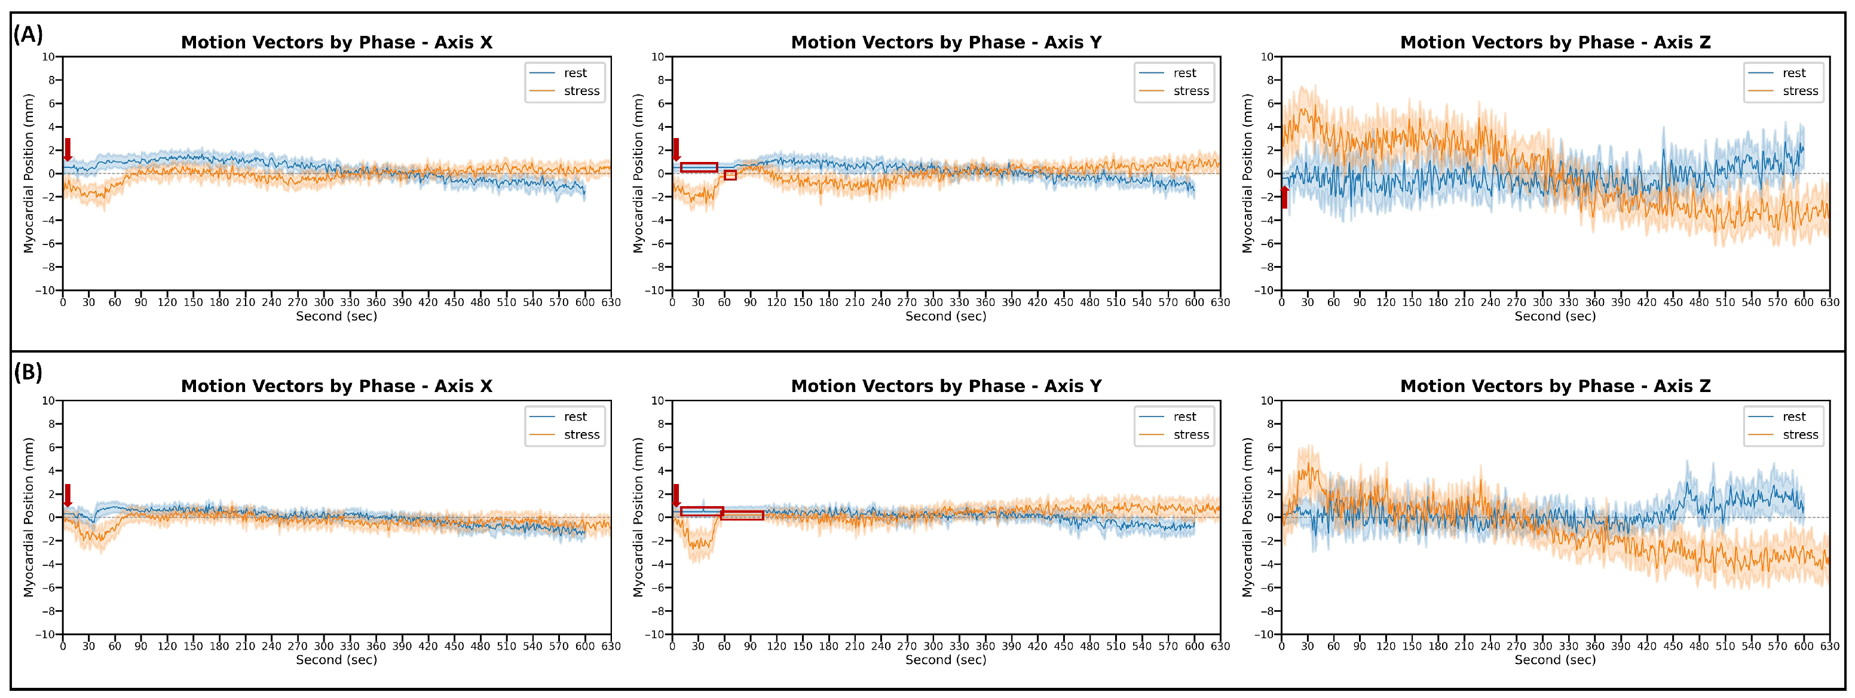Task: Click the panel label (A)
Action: tap(28, 34)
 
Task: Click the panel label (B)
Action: tap(28, 372)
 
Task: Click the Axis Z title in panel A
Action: tap(1555, 42)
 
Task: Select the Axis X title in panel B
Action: tap(336, 386)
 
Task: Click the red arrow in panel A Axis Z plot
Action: tap(1284, 197)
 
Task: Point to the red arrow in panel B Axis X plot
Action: tap(68, 495)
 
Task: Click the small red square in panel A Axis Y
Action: tap(730, 175)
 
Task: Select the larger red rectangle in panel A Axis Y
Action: tap(699, 167)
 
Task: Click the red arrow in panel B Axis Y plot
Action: tap(675, 495)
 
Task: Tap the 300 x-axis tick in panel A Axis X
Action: tap(323, 302)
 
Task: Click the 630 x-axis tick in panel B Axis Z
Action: tap(1829, 646)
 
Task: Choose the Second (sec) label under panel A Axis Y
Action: tap(945, 316)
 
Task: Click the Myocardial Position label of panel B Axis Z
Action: tap(1247, 517)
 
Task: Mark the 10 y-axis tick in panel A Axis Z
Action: tap(1267, 57)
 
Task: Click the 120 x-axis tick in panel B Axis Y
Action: tap(776, 646)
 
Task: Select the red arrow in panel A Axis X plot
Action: tap(68, 150)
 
